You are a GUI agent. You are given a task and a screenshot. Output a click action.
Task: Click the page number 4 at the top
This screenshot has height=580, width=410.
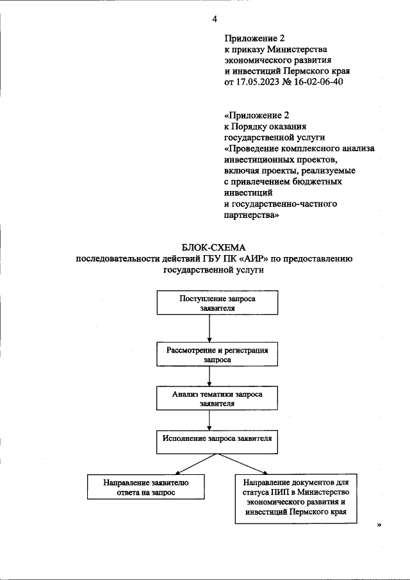pos(215,19)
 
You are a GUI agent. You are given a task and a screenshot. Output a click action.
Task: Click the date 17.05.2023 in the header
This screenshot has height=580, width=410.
pos(260,83)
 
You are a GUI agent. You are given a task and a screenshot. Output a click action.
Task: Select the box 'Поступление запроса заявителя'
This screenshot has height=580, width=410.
pos(218,302)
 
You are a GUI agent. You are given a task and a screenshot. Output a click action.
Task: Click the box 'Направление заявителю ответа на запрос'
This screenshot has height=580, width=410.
pos(145,488)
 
